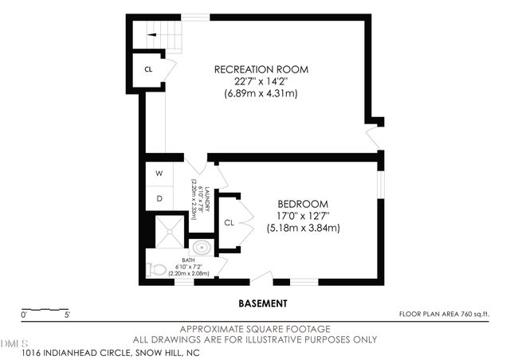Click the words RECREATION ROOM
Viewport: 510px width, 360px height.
261,69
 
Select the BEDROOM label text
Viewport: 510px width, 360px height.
303,203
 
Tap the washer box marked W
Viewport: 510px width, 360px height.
159,173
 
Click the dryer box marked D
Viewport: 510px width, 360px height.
159,198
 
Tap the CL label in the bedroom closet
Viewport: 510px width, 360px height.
228,222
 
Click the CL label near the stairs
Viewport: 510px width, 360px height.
148,69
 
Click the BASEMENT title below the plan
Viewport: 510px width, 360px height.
263,303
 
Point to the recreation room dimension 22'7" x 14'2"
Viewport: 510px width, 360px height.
261,81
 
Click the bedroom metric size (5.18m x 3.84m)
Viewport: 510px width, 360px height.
303,228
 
